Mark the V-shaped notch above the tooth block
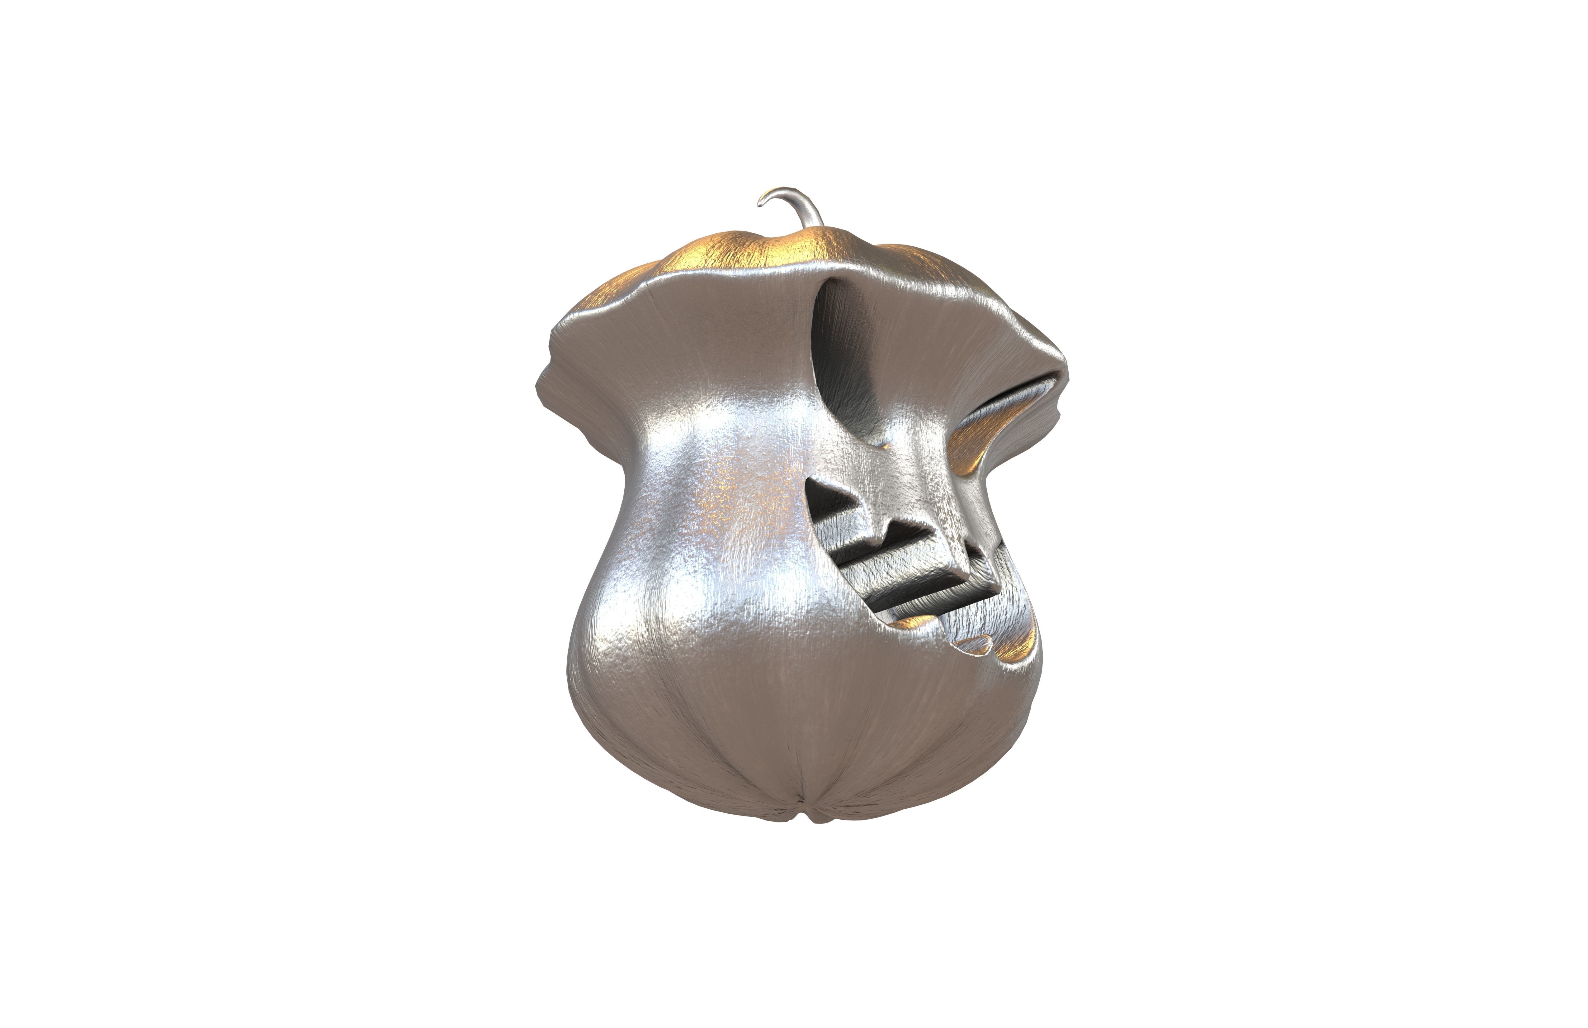(891, 527)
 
